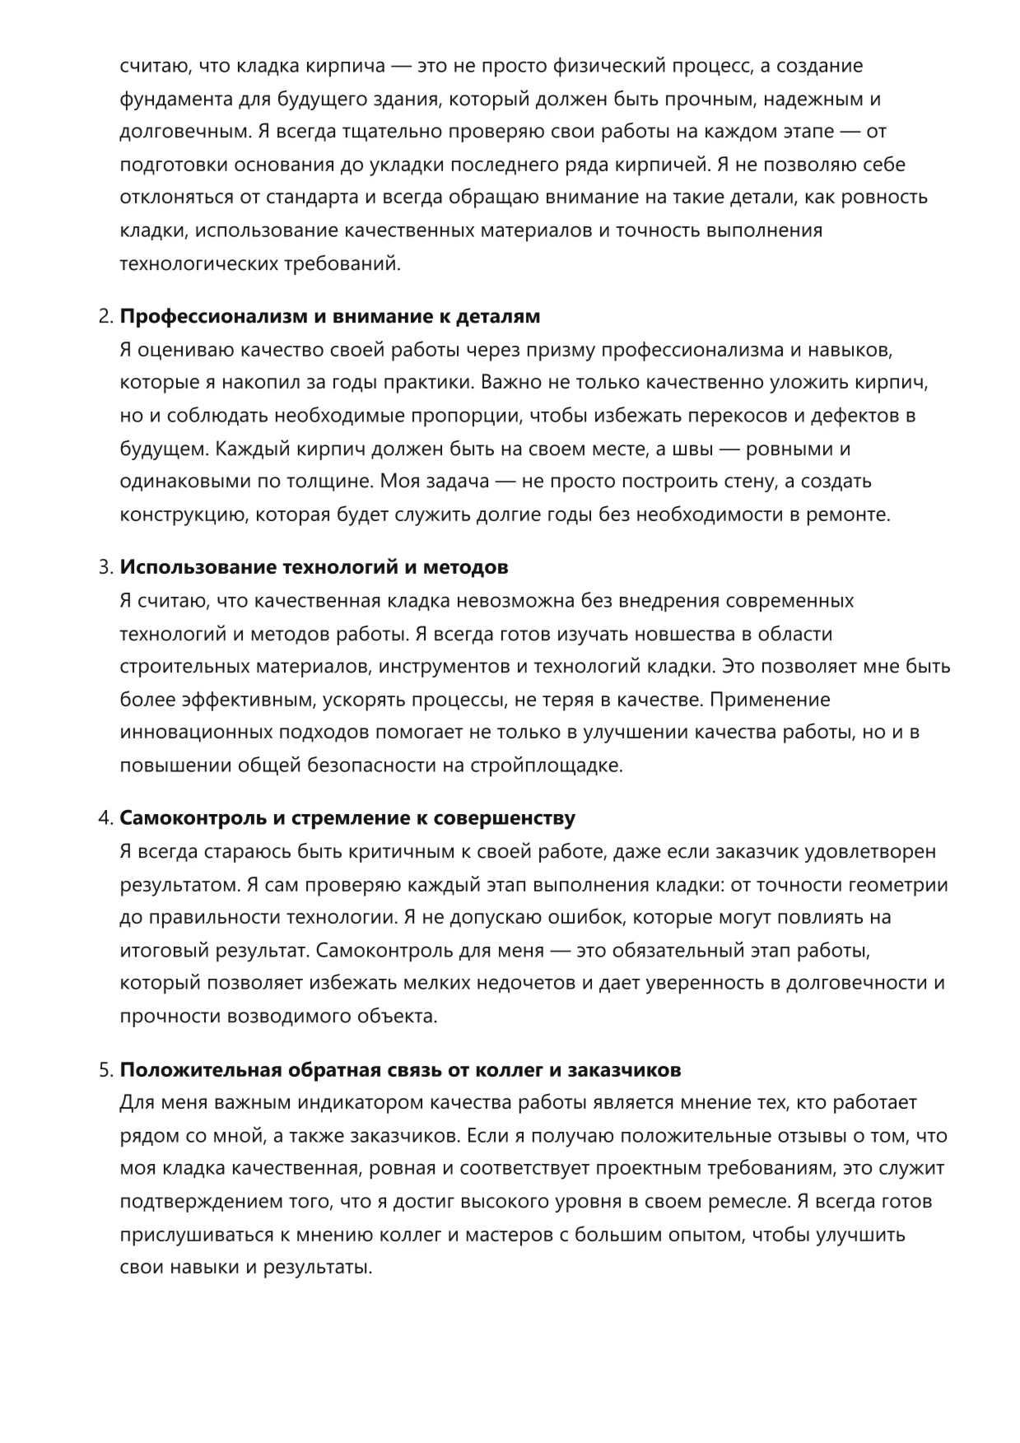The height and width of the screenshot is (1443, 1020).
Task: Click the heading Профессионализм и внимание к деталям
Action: tap(330, 317)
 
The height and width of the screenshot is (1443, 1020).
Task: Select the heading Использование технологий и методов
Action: tap(314, 567)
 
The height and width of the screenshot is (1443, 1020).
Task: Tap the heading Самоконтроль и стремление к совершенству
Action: tap(347, 818)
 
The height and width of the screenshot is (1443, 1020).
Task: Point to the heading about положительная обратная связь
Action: tap(400, 1070)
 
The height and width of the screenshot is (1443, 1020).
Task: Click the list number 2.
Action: tap(104, 317)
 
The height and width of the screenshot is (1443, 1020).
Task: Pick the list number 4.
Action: tap(104, 818)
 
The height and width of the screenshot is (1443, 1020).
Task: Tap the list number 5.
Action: tap(104, 1070)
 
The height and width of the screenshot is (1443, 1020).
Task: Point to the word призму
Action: tap(555, 351)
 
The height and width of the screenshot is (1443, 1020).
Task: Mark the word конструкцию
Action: tap(184, 515)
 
